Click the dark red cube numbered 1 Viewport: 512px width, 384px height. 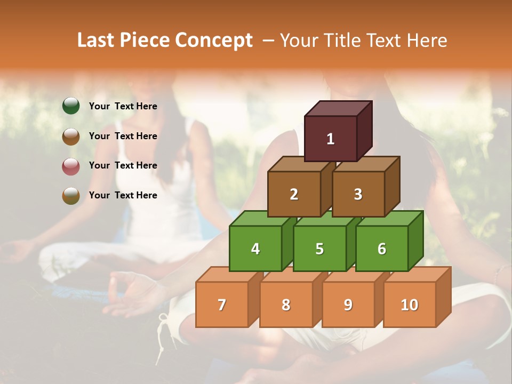pos(331,139)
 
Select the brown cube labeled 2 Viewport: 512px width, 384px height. pos(294,194)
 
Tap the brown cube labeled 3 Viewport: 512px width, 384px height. pos(358,194)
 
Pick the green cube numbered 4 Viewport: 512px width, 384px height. pos(255,249)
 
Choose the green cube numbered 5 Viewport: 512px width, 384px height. pos(319,249)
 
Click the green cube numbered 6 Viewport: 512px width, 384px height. pos(382,249)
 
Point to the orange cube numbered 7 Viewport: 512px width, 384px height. pos(222,305)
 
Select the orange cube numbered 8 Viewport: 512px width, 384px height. pos(286,305)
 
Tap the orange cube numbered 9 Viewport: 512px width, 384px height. pos(348,305)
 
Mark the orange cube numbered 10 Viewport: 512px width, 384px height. pos(409,305)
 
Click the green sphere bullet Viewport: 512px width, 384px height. pos(71,106)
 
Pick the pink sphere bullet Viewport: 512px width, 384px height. pos(71,166)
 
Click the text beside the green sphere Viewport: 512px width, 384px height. pos(123,106)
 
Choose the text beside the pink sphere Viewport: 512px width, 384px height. pos(123,165)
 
